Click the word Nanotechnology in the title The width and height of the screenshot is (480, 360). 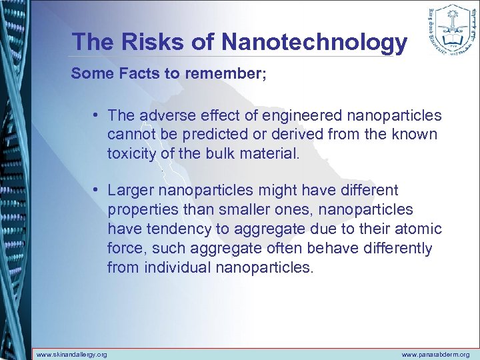pos(314,41)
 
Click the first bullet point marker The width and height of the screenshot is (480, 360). pos(97,116)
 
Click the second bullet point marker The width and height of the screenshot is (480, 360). pos(97,191)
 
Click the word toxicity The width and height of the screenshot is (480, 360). pos(131,153)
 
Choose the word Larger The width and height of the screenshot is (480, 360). pos(131,191)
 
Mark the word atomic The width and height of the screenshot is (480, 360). pos(417,229)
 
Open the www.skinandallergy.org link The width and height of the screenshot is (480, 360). pos(71,354)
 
